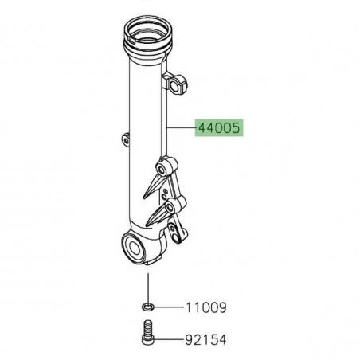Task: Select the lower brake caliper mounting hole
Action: [x=170, y=208]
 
